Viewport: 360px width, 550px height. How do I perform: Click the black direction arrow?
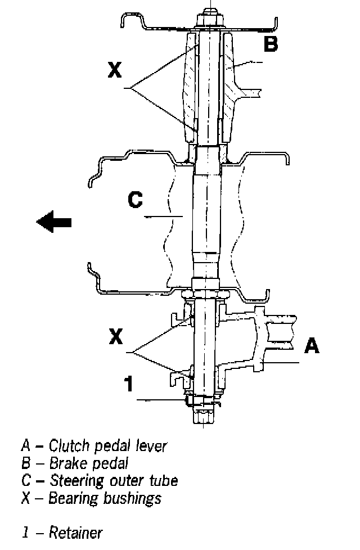click(54, 222)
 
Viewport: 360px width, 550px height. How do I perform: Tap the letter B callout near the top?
click(271, 44)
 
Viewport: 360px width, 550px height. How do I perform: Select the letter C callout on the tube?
click(135, 200)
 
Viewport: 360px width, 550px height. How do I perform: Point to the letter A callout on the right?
click(311, 345)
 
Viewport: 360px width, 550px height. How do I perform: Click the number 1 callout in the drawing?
click(129, 384)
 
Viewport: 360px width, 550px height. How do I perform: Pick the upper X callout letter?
click(115, 70)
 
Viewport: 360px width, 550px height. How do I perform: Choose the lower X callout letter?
click(115, 336)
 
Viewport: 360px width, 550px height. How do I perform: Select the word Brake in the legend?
click(66, 463)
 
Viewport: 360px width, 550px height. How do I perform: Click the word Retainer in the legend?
click(76, 532)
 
